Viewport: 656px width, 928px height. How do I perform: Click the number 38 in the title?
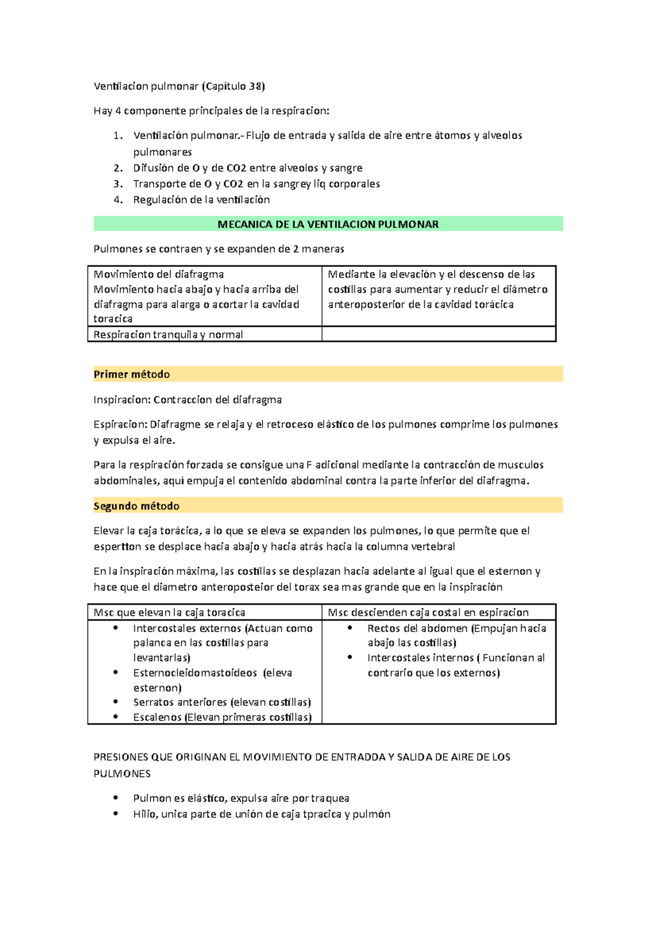point(255,86)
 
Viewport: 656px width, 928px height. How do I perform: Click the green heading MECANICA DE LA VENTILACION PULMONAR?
point(328,225)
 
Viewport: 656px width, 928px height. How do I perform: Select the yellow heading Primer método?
point(132,374)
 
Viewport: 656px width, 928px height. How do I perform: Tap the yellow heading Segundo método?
point(137,506)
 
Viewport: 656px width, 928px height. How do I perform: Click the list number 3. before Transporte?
point(118,184)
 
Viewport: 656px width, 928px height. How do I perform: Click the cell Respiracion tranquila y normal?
point(168,334)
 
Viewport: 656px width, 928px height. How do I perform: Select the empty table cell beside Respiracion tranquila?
point(438,334)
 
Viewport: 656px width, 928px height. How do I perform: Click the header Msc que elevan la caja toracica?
point(169,613)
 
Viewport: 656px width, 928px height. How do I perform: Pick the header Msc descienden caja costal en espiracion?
point(428,613)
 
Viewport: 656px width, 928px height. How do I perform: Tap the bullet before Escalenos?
point(116,716)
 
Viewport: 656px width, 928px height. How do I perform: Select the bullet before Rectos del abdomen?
point(350,628)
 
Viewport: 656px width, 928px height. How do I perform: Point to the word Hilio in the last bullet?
point(144,814)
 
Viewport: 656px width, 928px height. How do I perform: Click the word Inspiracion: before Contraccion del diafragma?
point(122,400)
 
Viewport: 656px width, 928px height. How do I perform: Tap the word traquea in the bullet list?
point(330,798)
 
